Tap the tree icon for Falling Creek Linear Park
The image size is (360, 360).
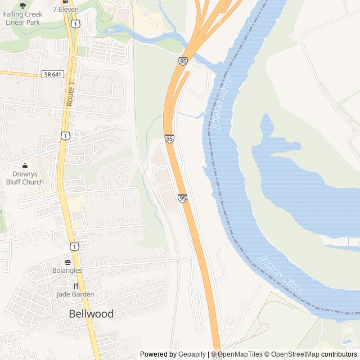coord(22,5)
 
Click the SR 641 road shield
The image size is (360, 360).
coord(53,74)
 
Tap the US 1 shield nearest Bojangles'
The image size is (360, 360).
coord(74,246)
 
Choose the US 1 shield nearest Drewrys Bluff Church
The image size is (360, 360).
coord(66,136)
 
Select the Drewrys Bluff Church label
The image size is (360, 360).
coord(25,178)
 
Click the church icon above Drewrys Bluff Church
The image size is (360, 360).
coord(25,166)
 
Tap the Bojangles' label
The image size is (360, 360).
coord(67,271)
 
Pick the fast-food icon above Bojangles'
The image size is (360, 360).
coord(67,262)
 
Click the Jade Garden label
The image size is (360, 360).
coord(75,294)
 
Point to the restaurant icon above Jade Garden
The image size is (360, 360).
coord(75,285)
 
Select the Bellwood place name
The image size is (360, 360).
coord(91,314)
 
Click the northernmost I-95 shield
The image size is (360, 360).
coord(183,60)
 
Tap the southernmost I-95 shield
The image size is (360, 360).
coord(182,198)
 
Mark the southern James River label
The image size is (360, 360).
coord(281,276)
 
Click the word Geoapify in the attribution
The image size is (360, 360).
coord(193,354)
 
